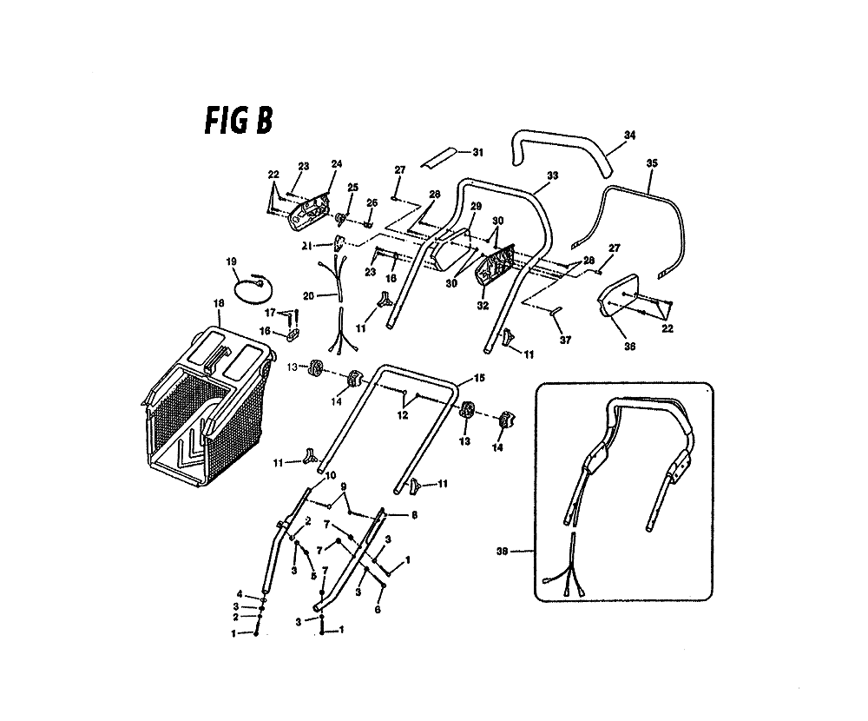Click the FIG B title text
(x=239, y=121)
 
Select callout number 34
(x=629, y=136)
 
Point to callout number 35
(x=652, y=163)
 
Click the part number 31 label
(x=477, y=152)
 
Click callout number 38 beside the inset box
(x=502, y=552)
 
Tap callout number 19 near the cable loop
(x=231, y=261)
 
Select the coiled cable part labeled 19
(x=254, y=288)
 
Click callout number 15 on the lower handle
(x=479, y=378)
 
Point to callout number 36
(x=629, y=347)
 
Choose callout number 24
(x=337, y=164)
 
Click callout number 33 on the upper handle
(x=552, y=175)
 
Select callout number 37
(x=565, y=341)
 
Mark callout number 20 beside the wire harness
(x=308, y=296)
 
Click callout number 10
(x=331, y=476)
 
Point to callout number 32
(x=483, y=306)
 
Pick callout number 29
(x=476, y=206)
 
